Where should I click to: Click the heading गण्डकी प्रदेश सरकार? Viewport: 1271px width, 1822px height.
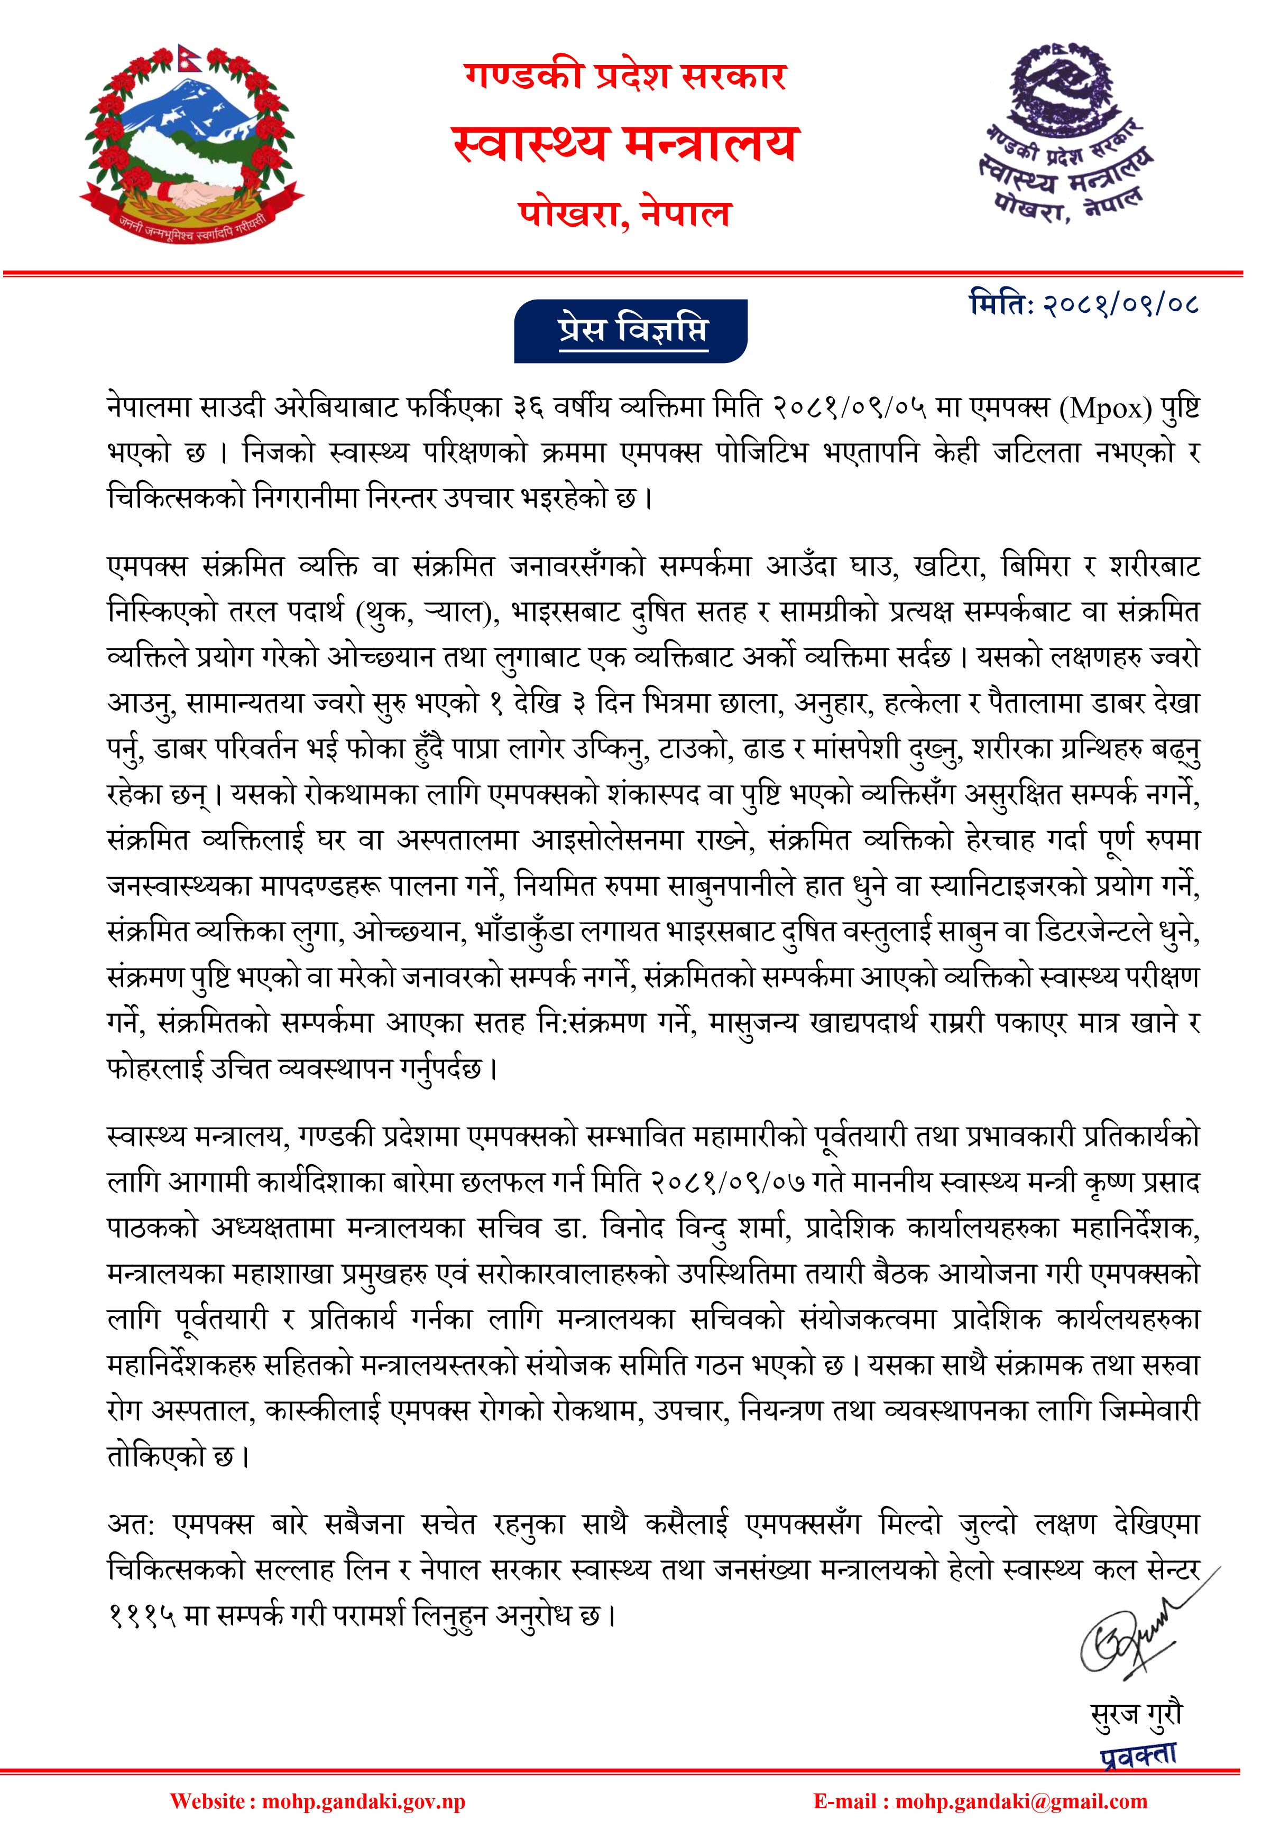coord(625,77)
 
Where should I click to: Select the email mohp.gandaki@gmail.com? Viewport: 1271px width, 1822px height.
coord(1021,1802)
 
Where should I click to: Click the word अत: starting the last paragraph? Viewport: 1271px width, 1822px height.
coord(132,1524)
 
